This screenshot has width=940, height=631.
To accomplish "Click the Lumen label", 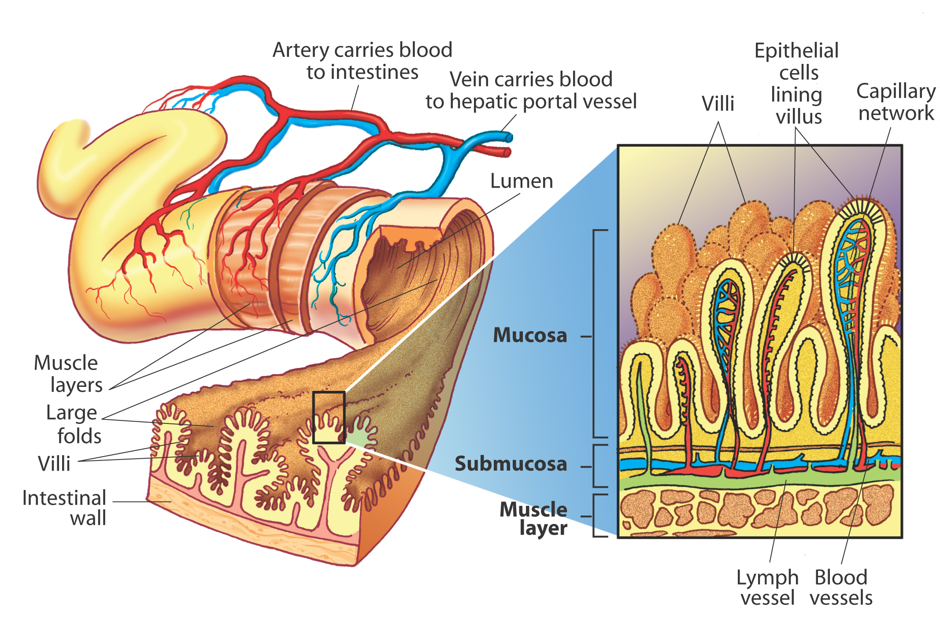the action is pyautogui.click(x=522, y=181).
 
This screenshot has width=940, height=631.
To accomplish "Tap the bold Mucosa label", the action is pyautogui.click(x=530, y=335).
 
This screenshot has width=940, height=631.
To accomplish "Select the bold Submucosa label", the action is pyautogui.click(x=511, y=464).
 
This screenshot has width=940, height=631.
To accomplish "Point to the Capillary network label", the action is pyautogui.click(x=896, y=102).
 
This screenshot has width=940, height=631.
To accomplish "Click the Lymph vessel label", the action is pyautogui.click(x=767, y=587).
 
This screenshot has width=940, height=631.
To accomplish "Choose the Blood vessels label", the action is pyautogui.click(x=841, y=587).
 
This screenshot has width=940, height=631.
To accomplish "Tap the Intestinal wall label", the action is pyautogui.click(x=64, y=508).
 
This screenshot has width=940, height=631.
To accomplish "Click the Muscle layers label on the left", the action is pyautogui.click(x=68, y=374).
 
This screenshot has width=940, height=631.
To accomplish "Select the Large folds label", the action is pyautogui.click(x=73, y=424).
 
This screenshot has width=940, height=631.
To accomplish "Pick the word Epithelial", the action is pyautogui.click(x=796, y=51).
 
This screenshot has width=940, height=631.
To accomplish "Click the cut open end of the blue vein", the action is pyautogui.click(x=509, y=137).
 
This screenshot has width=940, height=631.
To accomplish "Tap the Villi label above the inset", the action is pyautogui.click(x=718, y=104).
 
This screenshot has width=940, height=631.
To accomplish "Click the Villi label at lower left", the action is pyautogui.click(x=54, y=464).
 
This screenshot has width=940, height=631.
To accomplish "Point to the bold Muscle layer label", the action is pyautogui.click(x=533, y=518).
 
